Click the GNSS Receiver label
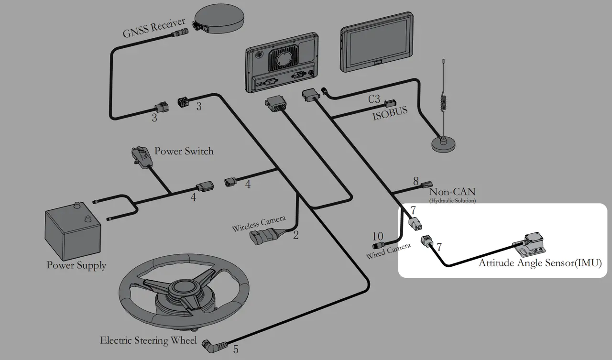click(154, 28)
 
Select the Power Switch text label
click(184, 151)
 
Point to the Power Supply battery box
click(73, 231)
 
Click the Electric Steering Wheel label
click(148, 340)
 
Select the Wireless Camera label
click(259, 223)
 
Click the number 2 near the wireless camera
click(295, 235)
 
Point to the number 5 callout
click(236, 349)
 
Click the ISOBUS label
click(390, 113)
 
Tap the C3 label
click(374, 99)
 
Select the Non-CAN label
click(452, 192)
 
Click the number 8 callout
click(416, 181)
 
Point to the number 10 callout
click(378, 236)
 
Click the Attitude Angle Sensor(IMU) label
click(540, 263)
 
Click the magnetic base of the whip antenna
click(443, 144)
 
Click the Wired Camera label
click(388, 251)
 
